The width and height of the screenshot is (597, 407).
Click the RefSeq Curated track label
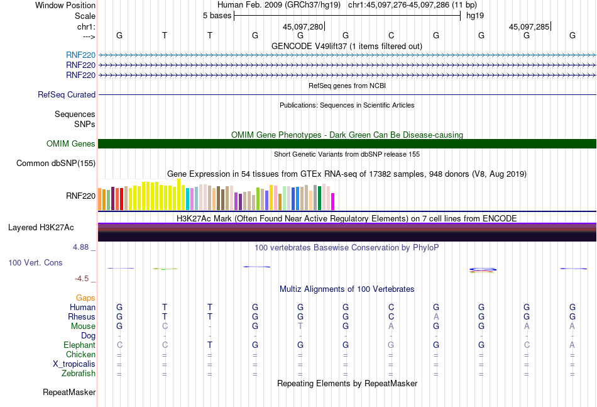[x=67, y=95]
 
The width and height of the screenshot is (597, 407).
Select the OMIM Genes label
[x=71, y=144]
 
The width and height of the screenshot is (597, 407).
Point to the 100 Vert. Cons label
[x=35, y=262]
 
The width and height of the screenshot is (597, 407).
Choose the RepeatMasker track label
[x=69, y=393]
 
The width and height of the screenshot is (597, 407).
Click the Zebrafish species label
[x=79, y=374]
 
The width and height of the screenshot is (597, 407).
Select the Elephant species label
[x=79, y=345]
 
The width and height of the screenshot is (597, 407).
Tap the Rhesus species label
[x=82, y=317]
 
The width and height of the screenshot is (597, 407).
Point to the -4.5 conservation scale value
[x=82, y=279]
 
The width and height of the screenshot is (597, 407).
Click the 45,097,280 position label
[x=303, y=27]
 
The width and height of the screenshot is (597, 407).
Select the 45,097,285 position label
[x=529, y=27]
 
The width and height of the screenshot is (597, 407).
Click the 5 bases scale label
[x=217, y=15]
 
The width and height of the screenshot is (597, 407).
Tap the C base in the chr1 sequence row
[x=391, y=36]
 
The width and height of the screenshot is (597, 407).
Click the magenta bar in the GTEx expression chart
[x=332, y=201]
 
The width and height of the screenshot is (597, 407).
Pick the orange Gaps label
[x=85, y=298]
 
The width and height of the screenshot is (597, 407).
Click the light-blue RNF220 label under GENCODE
[x=80, y=55]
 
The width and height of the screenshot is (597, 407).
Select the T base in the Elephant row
[x=210, y=345]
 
